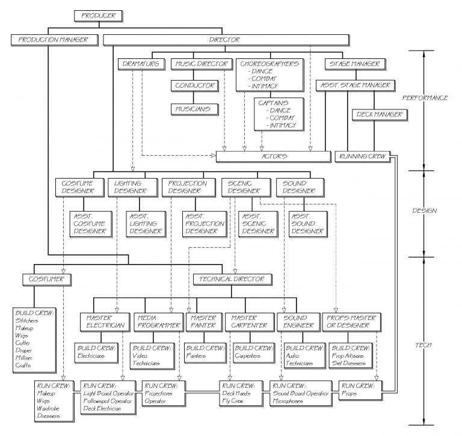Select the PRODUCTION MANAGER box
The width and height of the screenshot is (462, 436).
click(54, 40)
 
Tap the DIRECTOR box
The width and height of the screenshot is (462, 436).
click(226, 40)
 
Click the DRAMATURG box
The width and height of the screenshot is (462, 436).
click(140, 64)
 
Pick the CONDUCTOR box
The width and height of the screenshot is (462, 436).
click(195, 86)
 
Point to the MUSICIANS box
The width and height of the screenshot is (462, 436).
click(193, 109)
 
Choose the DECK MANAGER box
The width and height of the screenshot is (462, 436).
click(379, 114)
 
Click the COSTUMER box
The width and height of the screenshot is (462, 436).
click(46, 279)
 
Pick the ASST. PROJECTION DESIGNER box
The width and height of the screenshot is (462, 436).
click(205, 223)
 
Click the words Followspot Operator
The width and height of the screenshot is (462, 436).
click(108, 401)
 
